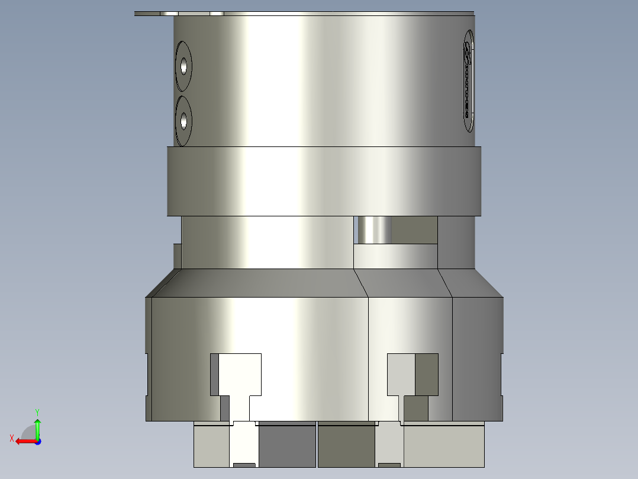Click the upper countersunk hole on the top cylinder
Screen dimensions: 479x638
[184, 66]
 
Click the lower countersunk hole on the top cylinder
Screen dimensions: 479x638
[184, 122]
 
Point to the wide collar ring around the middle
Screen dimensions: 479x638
[324, 181]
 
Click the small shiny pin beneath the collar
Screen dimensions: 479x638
[373, 230]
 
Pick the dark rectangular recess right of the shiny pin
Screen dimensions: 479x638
[414, 230]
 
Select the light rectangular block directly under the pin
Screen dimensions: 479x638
[395, 256]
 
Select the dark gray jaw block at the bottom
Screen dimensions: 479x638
[286, 446]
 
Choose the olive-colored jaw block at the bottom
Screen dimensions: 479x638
[346, 446]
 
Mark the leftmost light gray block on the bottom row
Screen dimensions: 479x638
[211, 446]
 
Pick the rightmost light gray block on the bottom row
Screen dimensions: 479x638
[444, 446]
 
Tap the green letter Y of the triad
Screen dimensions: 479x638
[37, 411]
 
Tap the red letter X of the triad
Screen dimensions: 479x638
[11, 438]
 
